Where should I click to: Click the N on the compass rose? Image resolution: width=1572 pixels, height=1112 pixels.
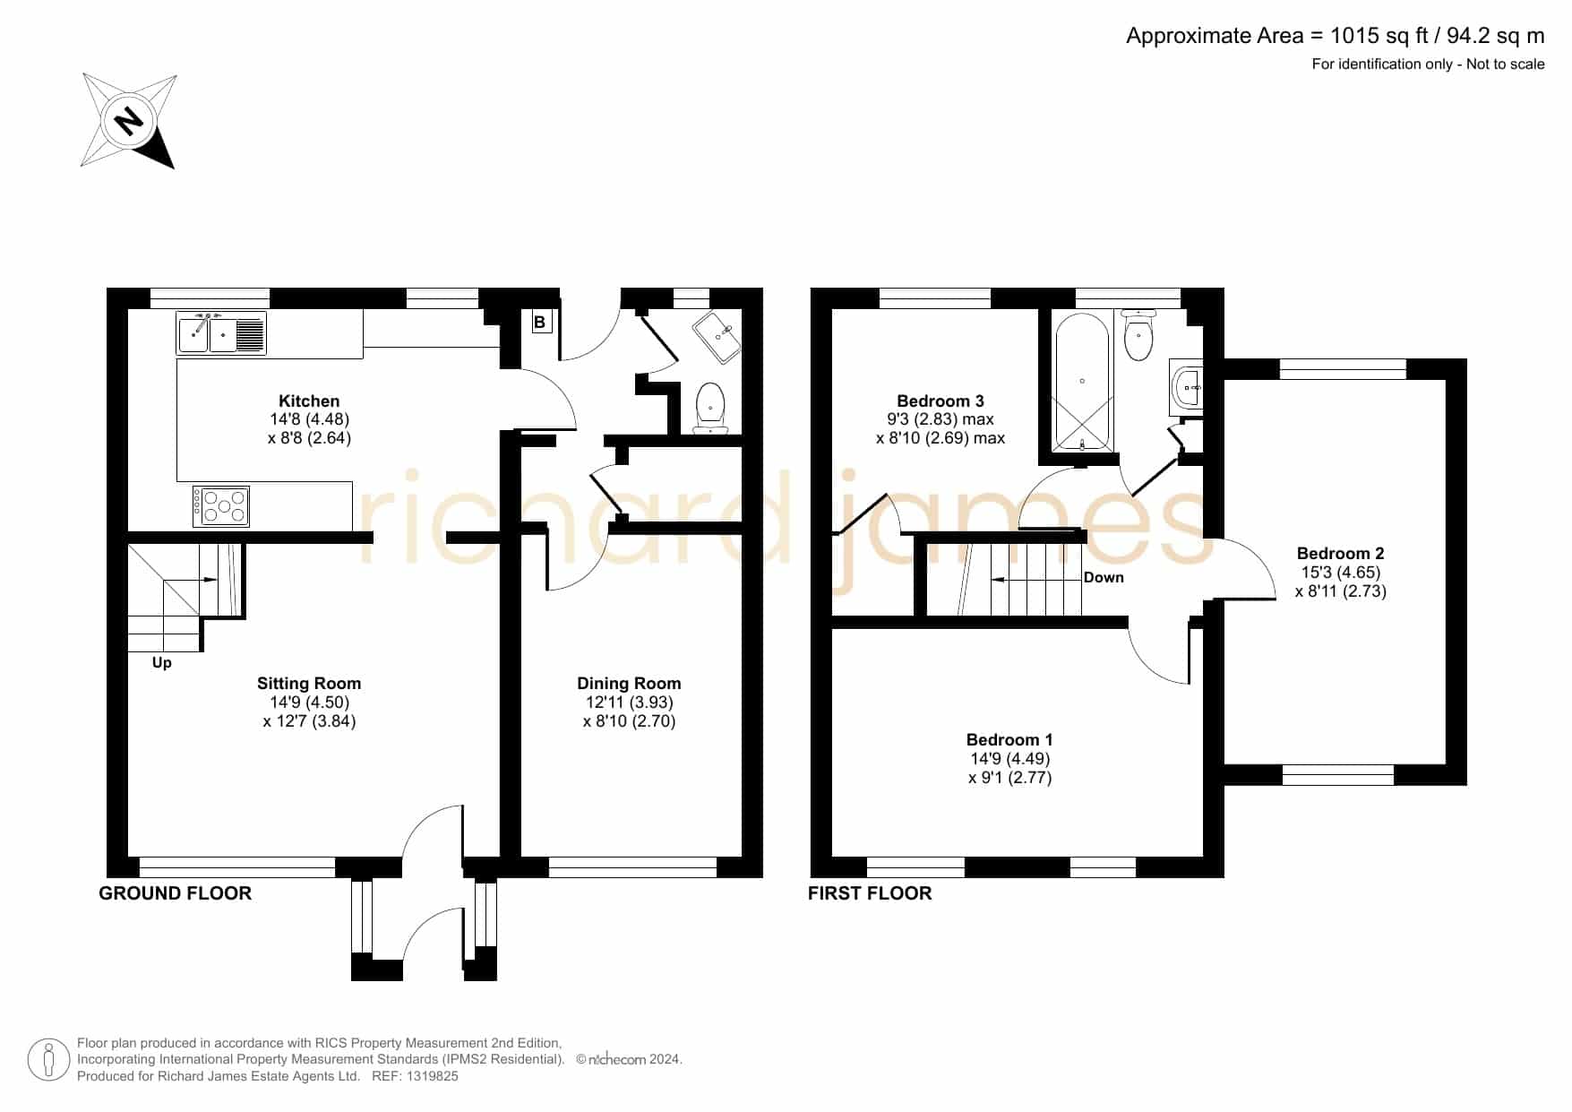point(130,120)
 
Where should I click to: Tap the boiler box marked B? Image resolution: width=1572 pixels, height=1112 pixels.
point(541,323)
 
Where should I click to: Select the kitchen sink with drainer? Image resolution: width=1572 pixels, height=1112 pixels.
point(222,333)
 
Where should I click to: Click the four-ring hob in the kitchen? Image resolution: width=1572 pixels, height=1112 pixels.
point(221,506)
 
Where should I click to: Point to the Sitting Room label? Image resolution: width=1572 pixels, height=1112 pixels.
point(309,684)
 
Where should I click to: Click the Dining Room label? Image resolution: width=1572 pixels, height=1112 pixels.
point(629,684)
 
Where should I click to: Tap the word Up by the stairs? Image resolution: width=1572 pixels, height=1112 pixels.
point(162,663)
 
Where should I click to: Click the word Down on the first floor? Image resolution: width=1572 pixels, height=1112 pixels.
point(1104,577)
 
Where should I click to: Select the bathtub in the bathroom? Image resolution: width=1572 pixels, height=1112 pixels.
point(1083,383)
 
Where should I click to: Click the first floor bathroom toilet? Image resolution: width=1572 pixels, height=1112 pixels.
point(1138,334)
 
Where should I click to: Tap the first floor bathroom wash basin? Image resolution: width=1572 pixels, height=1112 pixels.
point(1186,388)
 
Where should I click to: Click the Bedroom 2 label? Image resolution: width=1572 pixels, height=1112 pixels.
point(1341,554)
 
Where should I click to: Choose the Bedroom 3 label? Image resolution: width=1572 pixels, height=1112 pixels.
point(941,401)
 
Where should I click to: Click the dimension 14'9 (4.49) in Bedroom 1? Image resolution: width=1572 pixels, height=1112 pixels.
point(1010,759)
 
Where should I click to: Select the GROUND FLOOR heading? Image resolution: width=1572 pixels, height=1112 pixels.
point(176,893)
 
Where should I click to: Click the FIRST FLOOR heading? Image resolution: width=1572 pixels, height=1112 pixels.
point(870,893)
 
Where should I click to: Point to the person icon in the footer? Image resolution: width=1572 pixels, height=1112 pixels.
point(48,1060)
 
